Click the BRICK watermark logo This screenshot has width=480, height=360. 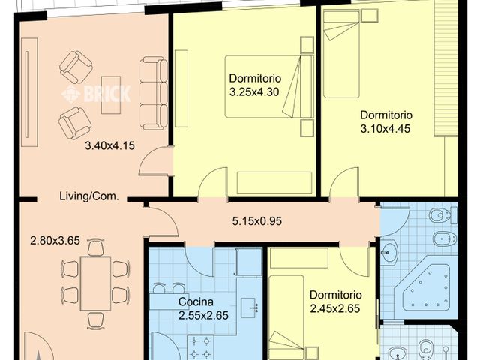(x=96, y=93)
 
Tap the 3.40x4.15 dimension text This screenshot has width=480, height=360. (x=109, y=145)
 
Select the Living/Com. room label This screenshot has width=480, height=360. (x=89, y=196)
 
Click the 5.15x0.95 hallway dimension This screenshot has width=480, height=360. (x=256, y=221)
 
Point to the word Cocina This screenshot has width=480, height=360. (x=196, y=301)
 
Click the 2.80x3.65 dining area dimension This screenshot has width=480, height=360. (x=55, y=241)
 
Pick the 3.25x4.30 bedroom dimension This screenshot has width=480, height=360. (x=254, y=91)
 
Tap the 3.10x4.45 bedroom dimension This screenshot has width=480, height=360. (x=385, y=128)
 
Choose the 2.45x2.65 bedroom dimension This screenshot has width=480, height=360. (x=335, y=308)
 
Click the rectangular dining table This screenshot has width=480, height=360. (x=95, y=283)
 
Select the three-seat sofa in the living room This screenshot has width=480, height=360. (x=153, y=93)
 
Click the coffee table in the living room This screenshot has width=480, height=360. (x=111, y=95)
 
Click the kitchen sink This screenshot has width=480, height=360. (x=250, y=308)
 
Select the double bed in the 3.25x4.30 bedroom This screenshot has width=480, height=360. (x=269, y=87)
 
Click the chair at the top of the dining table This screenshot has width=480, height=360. (x=95, y=248)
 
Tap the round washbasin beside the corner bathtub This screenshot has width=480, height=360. (x=389, y=252)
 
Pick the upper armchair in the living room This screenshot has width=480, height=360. (x=76, y=67)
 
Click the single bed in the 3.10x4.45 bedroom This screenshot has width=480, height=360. (x=341, y=54)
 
